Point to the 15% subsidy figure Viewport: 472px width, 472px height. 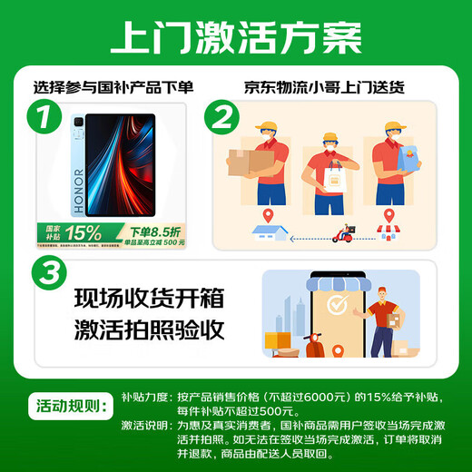pos(81,233)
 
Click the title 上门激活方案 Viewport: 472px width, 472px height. pos(235,39)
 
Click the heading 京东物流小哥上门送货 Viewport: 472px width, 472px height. pos(324,88)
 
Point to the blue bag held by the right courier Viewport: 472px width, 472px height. pos(401,164)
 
